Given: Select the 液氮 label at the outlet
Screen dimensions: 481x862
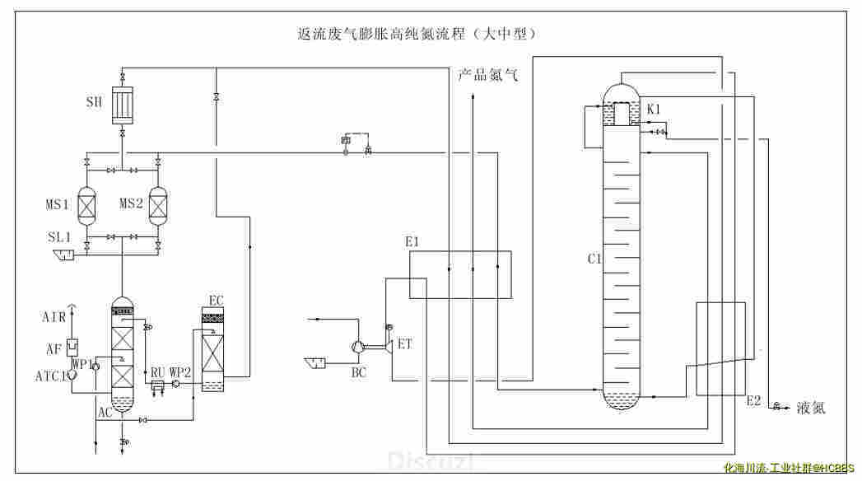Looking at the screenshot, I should pyautogui.click(x=810, y=408).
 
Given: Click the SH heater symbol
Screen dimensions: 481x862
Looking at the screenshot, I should pyautogui.click(x=122, y=105).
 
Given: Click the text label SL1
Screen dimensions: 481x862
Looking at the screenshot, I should pyautogui.click(x=58, y=237).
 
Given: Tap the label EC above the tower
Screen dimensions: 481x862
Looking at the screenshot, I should pyautogui.click(x=216, y=301).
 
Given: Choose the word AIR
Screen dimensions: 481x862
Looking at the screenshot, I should pyautogui.click(x=54, y=317).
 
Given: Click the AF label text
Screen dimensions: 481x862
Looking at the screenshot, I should pyautogui.click(x=54, y=349).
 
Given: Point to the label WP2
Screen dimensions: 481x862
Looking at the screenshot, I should pyautogui.click(x=180, y=372).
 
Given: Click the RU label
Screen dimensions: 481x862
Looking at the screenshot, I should pyautogui.click(x=156, y=372).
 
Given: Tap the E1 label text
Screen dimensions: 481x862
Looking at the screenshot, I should pyautogui.click(x=412, y=242).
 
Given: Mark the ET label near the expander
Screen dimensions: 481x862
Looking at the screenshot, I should pyautogui.click(x=405, y=344).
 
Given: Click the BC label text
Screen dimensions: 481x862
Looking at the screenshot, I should pyautogui.click(x=359, y=372).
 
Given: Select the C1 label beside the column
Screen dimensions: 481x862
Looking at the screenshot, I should pyautogui.click(x=594, y=259).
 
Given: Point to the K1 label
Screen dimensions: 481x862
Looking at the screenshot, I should pyautogui.click(x=654, y=109).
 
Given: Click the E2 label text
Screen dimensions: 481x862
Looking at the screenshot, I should pyautogui.click(x=754, y=401).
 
